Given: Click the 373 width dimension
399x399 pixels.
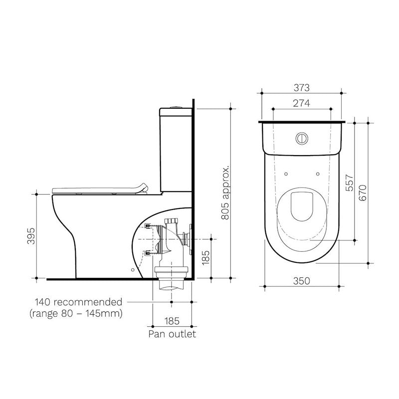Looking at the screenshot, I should tap(302, 87).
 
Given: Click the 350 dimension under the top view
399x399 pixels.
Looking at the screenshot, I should tap(302, 281).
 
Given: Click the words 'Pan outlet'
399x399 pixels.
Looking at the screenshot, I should tap(172, 334).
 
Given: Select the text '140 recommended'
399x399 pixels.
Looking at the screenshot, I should tap(78, 302).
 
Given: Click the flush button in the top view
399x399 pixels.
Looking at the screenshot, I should tap(301, 137).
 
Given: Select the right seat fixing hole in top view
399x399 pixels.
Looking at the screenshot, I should tap(318, 174).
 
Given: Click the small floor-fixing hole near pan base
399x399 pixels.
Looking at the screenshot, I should tap(132, 269).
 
